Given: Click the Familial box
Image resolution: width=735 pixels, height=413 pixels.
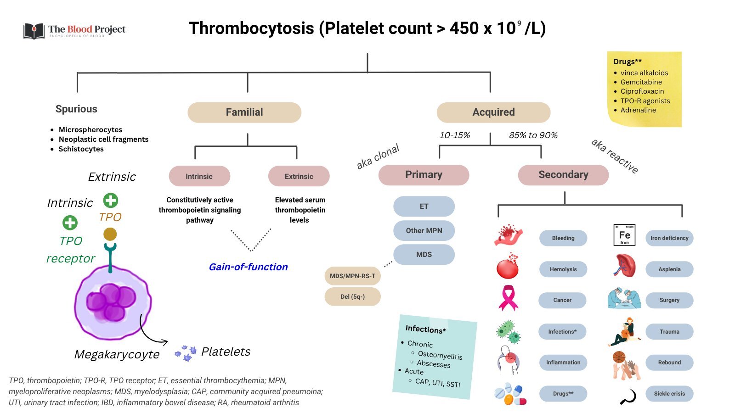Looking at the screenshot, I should [244, 112].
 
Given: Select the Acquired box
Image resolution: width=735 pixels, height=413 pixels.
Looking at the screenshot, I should [493, 112].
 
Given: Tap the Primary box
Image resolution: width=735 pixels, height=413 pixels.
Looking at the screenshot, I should [424, 175].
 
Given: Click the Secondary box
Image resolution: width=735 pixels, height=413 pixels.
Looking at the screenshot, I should [563, 175].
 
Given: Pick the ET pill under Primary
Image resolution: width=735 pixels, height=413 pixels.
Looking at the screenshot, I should [424, 206].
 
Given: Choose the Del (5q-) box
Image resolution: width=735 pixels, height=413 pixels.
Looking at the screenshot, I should [352, 297].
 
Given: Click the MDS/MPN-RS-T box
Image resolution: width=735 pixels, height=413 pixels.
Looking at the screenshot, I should [352, 276].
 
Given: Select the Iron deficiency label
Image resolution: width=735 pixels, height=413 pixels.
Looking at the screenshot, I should [669, 238].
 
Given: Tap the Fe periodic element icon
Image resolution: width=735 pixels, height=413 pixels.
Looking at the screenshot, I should [624, 235].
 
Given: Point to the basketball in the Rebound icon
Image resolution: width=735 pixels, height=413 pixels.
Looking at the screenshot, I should [619, 357].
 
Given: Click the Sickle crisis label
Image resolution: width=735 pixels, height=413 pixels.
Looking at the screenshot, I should [669, 394].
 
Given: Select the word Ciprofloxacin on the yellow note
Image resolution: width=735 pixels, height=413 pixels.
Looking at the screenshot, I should [642, 91].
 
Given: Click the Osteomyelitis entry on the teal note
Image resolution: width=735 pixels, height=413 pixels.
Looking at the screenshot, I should [440, 355].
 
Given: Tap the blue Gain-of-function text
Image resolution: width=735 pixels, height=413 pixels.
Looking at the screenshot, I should [248, 267].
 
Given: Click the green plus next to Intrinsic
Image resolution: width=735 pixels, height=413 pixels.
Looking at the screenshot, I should [70, 223].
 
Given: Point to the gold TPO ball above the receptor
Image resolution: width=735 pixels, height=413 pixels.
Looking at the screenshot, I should [110, 234].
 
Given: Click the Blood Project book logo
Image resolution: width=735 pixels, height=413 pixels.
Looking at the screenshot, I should [34, 31].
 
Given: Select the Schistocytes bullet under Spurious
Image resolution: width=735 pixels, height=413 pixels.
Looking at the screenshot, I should [81, 149].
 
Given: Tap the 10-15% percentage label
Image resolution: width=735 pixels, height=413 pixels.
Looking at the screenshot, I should [454, 135].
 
